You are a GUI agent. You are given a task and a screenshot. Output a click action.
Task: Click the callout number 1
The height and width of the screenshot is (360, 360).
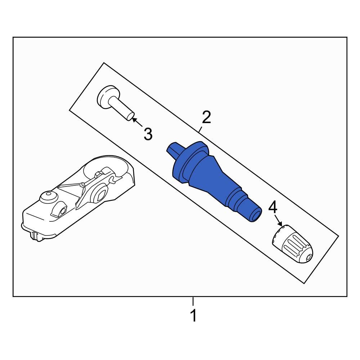tap(194, 316)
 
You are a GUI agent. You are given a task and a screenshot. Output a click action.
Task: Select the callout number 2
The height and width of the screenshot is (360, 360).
tap(206, 118)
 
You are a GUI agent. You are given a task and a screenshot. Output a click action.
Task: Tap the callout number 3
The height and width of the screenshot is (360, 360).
tap(148, 134)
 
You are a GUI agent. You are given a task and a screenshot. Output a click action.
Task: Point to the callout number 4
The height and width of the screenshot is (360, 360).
tap(273, 207)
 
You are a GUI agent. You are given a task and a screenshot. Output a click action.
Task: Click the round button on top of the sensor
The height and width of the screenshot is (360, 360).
tap(47, 197)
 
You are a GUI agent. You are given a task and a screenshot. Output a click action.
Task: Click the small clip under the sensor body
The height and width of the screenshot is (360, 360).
tap(35, 235)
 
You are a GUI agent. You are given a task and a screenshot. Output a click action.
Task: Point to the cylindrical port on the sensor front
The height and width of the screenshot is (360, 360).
tap(61, 212)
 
